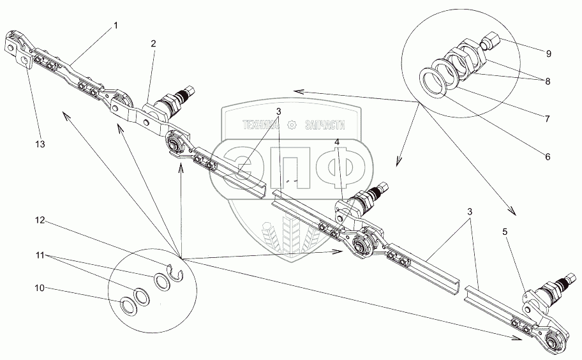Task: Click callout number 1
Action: pos(116,25)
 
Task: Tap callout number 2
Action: pos(153,43)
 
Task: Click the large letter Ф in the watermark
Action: pos(340,165)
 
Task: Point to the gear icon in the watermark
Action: pos(292,126)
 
